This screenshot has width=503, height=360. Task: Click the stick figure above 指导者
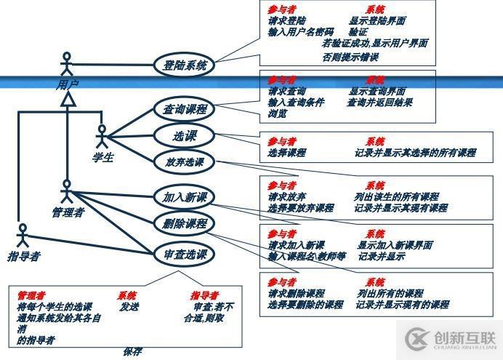pyautogui.click(x=23, y=236)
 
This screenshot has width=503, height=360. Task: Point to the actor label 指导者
pyautogui.click(x=24, y=256)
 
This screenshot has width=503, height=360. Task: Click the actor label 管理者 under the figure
pyautogui.click(x=68, y=213)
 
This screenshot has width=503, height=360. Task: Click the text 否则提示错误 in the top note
pyautogui.click(x=350, y=57)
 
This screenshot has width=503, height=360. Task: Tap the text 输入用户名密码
pyautogui.click(x=300, y=32)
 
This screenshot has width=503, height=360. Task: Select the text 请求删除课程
pyautogui.click(x=296, y=293)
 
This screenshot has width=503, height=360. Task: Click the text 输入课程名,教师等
pyautogui.click(x=305, y=257)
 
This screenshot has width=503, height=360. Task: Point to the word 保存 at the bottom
pyautogui.click(x=132, y=351)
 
